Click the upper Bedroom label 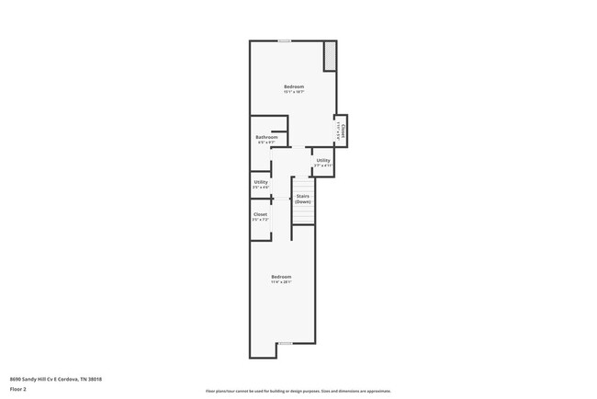pyautogui.click(x=293, y=86)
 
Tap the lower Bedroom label pyautogui.click(x=281, y=277)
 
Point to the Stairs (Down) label pyautogui.click(x=302, y=199)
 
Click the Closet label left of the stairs pyautogui.click(x=261, y=214)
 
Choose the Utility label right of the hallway pyautogui.click(x=323, y=160)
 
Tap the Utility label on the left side pyautogui.click(x=261, y=182)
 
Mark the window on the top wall pyautogui.click(x=285, y=40)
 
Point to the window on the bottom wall pyautogui.click(x=285, y=343)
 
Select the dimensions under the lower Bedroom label pyautogui.click(x=281, y=282)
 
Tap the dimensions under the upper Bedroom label pyautogui.click(x=293, y=92)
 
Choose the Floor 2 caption pyautogui.click(x=18, y=389)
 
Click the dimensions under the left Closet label pyautogui.click(x=261, y=220)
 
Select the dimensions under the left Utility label pyautogui.click(x=261, y=188)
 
